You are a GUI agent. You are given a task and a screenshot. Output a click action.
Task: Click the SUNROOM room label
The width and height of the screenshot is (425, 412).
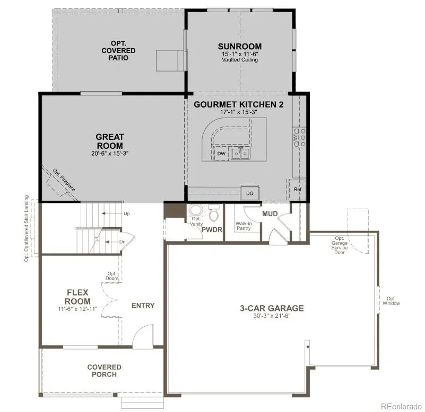(x=240, y=47)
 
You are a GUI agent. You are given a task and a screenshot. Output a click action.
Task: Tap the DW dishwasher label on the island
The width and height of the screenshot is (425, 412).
(x=222, y=154)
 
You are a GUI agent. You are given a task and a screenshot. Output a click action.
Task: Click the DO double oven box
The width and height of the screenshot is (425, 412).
(x=249, y=194)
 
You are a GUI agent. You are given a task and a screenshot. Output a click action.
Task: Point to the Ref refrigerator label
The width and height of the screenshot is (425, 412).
(x=297, y=189)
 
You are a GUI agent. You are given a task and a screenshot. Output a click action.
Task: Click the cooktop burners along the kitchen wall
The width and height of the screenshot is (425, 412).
(x=299, y=137)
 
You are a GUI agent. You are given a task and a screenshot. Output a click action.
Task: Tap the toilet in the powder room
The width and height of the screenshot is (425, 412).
(x=214, y=214)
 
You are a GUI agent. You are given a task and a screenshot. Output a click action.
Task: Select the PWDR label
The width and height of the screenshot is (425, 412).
(x=211, y=229)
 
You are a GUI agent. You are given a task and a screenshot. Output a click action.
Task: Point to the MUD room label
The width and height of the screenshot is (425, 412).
(x=270, y=214)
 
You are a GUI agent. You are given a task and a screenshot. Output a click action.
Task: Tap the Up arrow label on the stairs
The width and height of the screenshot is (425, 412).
(x=126, y=213)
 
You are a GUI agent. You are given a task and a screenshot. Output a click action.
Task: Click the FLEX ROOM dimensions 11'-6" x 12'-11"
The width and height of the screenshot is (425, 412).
(x=78, y=309)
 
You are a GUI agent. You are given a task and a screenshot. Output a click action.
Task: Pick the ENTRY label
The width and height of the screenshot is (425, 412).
(x=143, y=306)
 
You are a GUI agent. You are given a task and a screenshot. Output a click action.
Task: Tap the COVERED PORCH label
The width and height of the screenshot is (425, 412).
(x=105, y=371)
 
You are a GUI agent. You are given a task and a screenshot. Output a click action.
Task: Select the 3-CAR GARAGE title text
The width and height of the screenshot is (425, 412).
(x=272, y=308)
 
